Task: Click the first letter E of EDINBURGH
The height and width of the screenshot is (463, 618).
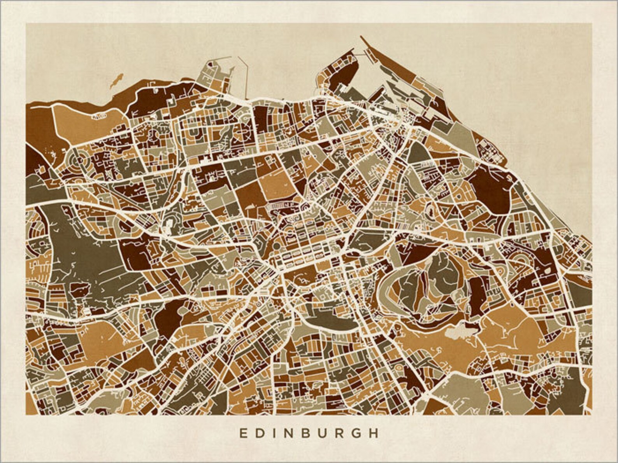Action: tap(242, 433)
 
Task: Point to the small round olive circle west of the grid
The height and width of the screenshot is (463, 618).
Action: tap(277, 246)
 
